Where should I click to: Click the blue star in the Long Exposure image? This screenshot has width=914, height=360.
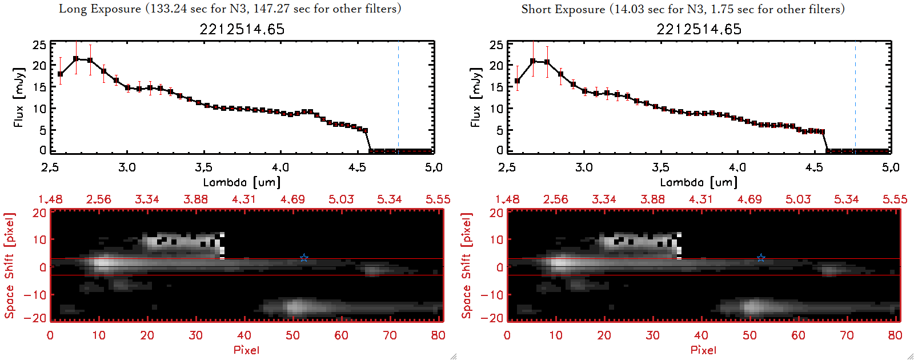[304, 258]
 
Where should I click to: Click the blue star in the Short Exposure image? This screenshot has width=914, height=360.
[761, 258]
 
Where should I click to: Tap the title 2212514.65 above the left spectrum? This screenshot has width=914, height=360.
[242, 29]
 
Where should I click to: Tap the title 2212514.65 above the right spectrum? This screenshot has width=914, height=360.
[699, 29]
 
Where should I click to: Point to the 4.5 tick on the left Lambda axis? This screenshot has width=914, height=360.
[357, 167]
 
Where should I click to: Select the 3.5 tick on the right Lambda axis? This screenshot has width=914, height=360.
[660, 167]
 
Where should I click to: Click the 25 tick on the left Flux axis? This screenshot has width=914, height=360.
[39, 45]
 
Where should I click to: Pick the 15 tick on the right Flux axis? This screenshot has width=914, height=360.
[496, 87]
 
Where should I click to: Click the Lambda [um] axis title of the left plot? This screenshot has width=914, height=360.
[242, 182]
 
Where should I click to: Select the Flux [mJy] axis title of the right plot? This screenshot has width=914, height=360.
[476, 97]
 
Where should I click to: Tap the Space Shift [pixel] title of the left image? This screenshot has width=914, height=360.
[9, 266]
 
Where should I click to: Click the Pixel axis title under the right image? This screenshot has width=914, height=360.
[703, 350]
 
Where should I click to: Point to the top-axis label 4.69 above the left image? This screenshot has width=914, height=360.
[292, 199]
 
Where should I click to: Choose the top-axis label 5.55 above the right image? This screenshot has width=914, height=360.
[895, 199]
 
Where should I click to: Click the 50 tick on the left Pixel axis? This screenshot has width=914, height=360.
[292, 335]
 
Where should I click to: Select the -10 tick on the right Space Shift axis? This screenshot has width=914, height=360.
[492, 294]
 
